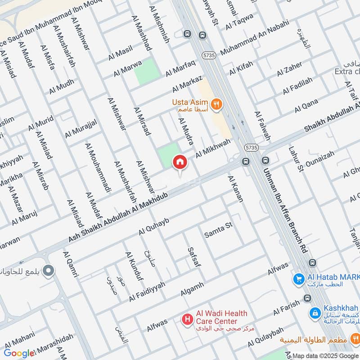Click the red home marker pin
[180, 162]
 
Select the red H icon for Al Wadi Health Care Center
[186, 319]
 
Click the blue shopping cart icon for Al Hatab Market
[298, 279]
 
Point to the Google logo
[19, 353]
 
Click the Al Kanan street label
[235, 189]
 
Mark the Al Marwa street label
[128, 68]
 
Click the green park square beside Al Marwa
[147, 71]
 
